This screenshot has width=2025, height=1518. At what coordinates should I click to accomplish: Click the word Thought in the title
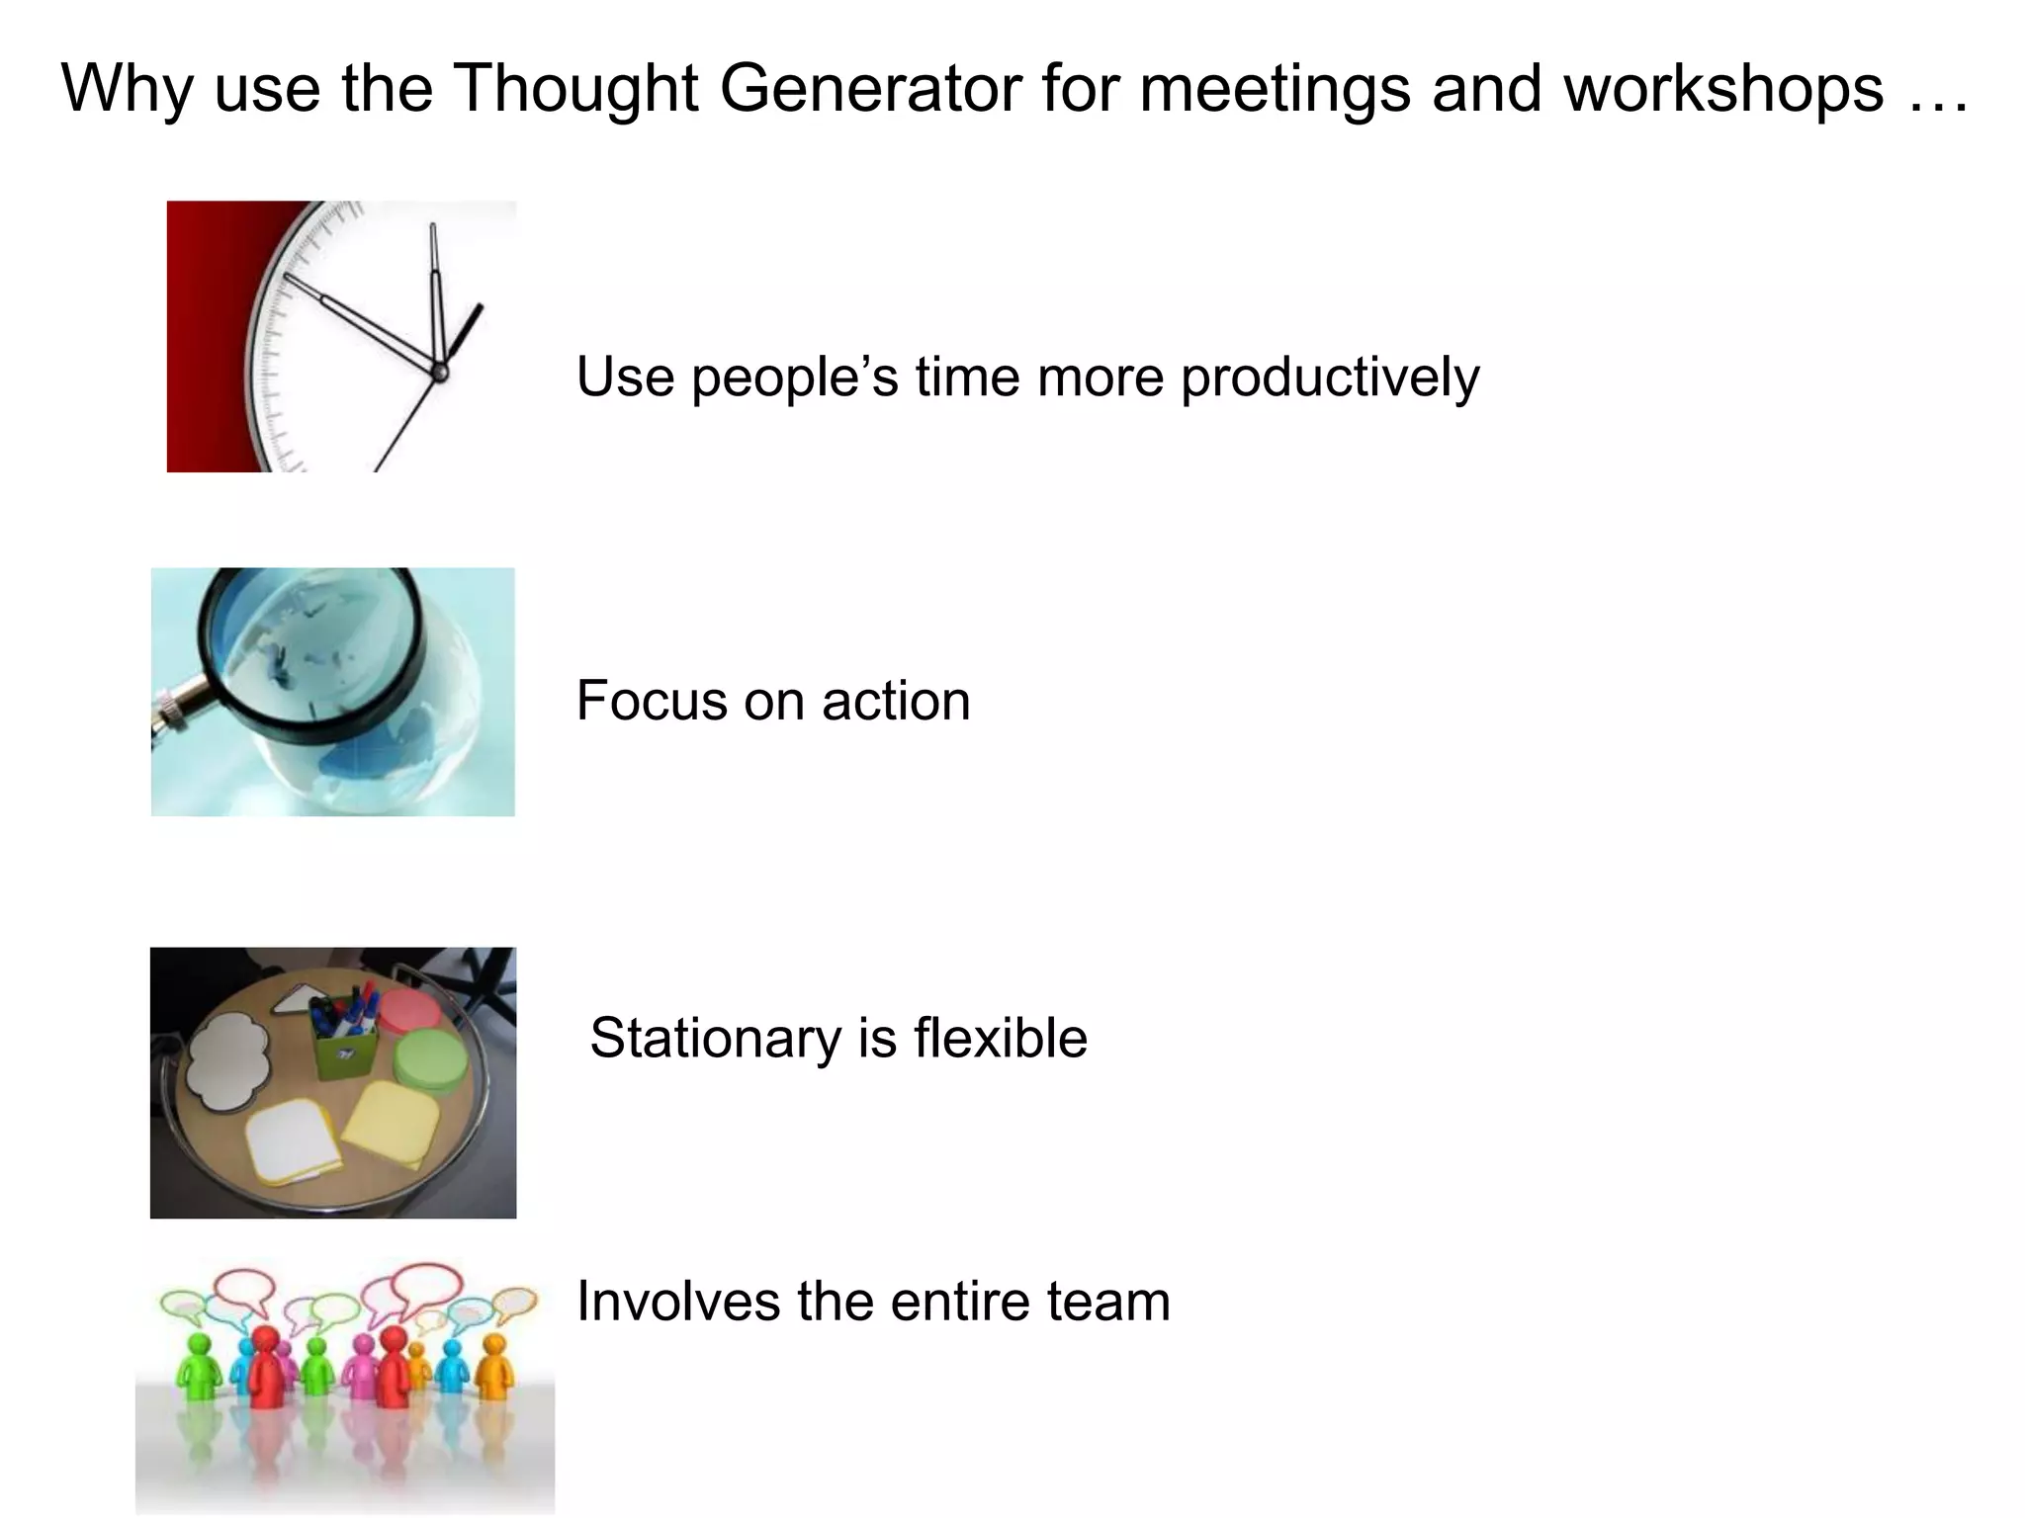point(577,89)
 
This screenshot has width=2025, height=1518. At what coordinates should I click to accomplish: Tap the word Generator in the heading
point(870,89)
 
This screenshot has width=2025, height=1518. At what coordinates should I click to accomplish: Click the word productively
point(1330,378)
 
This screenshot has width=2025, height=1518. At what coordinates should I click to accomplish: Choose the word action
point(895,702)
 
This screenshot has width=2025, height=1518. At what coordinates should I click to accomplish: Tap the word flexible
point(1000,1039)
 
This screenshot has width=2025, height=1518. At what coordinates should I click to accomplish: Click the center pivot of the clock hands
point(440,372)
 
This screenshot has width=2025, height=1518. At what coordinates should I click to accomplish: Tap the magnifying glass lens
point(311,657)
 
